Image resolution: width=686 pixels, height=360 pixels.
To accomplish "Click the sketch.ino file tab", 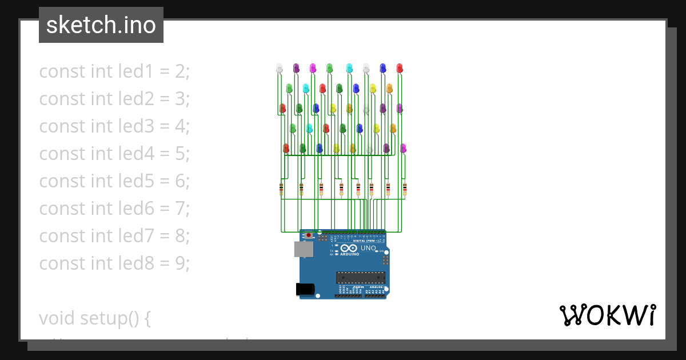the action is pyautogui.click(x=101, y=25).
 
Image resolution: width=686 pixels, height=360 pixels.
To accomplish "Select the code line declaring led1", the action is pyautogui.click(x=114, y=71).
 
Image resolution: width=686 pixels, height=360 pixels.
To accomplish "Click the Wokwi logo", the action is pyautogui.click(x=607, y=315).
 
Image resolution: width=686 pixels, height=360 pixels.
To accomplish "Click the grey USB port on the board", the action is pyautogui.click(x=304, y=249).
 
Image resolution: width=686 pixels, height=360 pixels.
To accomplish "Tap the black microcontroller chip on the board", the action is pyautogui.click(x=360, y=278).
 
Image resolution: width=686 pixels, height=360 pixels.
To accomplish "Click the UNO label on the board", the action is pyautogui.click(x=368, y=248).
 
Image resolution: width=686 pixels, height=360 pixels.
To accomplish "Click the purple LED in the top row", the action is pyautogui.click(x=296, y=68).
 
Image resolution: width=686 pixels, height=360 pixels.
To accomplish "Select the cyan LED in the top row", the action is pyautogui.click(x=349, y=68).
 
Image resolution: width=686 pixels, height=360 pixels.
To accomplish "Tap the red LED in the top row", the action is pyautogui.click(x=400, y=68).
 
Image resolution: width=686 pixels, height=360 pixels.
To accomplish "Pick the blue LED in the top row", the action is pyautogui.click(x=382, y=68).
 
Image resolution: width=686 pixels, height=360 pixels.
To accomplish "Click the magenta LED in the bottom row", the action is pyautogui.click(x=403, y=148).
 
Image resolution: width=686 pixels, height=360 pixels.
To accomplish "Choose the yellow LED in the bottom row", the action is pyautogui.click(x=336, y=148).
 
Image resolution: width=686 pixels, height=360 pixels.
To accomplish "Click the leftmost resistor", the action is pyautogui.click(x=281, y=189).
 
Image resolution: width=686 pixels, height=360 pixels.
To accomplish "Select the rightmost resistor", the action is pyautogui.click(x=405, y=189).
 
